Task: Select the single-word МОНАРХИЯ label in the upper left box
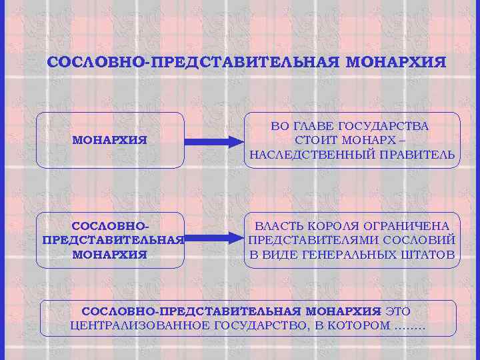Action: click(x=109, y=141)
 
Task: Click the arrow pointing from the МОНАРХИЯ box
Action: click(x=212, y=141)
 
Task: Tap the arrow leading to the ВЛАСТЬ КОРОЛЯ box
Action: click(x=212, y=238)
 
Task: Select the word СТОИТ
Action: click(x=317, y=140)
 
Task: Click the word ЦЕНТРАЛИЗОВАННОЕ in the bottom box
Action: click(x=139, y=325)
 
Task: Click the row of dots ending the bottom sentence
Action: click(x=409, y=327)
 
